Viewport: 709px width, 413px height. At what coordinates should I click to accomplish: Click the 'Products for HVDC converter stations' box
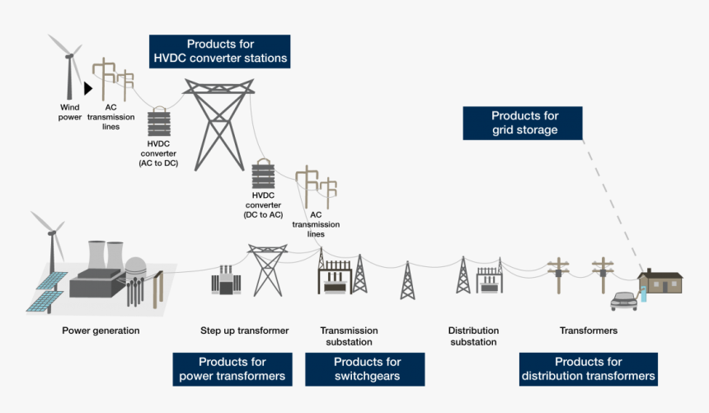click(219, 51)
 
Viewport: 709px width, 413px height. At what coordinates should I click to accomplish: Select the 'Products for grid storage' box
click(524, 123)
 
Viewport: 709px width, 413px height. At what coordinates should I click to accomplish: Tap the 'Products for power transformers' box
click(232, 369)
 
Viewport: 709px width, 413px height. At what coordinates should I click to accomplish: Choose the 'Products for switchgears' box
click(367, 369)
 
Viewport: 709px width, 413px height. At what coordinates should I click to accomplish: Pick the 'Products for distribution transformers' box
click(588, 369)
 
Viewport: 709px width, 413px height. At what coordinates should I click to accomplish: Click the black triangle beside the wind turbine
click(87, 87)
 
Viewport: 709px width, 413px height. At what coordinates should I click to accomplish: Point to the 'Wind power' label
click(70, 111)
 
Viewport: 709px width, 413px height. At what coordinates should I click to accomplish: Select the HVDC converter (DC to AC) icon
click(262, 175)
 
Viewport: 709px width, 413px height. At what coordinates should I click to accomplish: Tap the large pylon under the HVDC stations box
click(218, 124)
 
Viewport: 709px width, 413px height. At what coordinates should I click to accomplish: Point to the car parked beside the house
click(624, 299)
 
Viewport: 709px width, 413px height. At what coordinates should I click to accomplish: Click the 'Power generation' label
click(101, 331)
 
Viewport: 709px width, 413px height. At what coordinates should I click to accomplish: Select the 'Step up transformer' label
click(244, 331)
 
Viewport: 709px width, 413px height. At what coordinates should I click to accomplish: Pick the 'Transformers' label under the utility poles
click(588, 331)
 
